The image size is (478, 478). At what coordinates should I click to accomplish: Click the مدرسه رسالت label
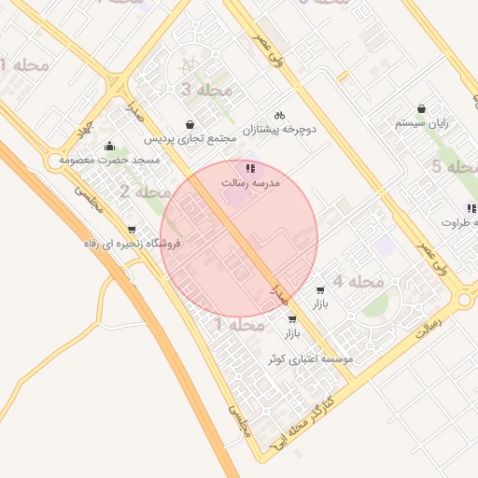pyautogui.click(x=250, y=184)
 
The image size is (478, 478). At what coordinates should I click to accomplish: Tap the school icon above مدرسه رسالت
pyautogui.click(x=250, y=168)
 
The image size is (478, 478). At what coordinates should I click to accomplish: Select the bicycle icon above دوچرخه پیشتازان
pyautogui.click(x=279, y=115)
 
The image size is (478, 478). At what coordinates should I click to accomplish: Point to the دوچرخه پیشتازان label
pyautogui.click(x=279, y=130)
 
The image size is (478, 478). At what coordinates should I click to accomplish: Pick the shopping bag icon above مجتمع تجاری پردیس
pyautogui.click(x=190, y=124)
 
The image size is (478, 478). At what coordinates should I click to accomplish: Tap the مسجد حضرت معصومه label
pyautogui.click(x=110, y=161)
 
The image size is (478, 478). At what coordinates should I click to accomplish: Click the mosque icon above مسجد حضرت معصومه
pyautogui.click(x=110, y=146)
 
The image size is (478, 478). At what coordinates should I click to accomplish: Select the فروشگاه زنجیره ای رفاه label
pyautogui.click(x=131, y=245)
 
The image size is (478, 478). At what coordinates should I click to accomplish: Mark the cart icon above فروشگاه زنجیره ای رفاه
pyautogui.click(x=131, y=230)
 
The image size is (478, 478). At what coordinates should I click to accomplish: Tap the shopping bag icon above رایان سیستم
pyautogui.click(x=422, y=108)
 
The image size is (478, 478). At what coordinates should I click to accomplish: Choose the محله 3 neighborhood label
pyautogui.click(x=205, y=90)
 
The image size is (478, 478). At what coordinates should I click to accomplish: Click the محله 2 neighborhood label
pyautogui.click(x=145, y=192)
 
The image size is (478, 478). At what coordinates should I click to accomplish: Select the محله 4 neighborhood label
pyautogui.click(x=358, y=281)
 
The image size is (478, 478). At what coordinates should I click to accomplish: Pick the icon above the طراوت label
pyautogui.click(x=470, y=207)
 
